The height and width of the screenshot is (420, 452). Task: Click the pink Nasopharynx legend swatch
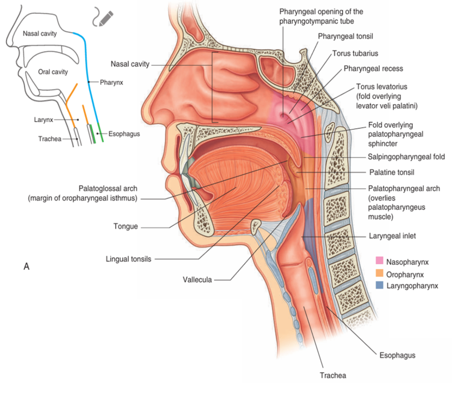point(379,261)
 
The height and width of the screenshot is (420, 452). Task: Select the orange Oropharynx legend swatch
point(379,273)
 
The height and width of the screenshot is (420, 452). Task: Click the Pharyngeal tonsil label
point(345,36)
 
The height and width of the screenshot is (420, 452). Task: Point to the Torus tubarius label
point(355,53)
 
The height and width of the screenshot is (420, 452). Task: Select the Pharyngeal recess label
point(373,69)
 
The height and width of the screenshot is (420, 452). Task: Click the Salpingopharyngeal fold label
point(406,157)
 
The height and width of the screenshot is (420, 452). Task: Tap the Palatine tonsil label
point(392,172)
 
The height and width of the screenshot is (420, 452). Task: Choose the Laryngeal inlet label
point(392,236)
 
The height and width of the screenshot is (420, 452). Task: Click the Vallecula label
point(197,280)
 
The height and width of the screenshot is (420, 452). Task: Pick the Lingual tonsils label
point(128,259)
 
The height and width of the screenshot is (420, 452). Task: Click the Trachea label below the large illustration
point(333,375)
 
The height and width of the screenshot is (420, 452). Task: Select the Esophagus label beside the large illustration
point(397,355)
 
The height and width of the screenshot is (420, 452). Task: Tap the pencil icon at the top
point(106,18)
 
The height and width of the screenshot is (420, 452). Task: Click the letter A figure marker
point(26,266)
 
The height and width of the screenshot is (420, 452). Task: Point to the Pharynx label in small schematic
point(111,82)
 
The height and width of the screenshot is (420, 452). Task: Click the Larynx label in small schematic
point(43,120)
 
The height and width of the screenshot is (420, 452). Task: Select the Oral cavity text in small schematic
point(53,72)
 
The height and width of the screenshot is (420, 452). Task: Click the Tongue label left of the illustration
point(125,226)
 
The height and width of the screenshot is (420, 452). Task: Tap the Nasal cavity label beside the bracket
point(130,64)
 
